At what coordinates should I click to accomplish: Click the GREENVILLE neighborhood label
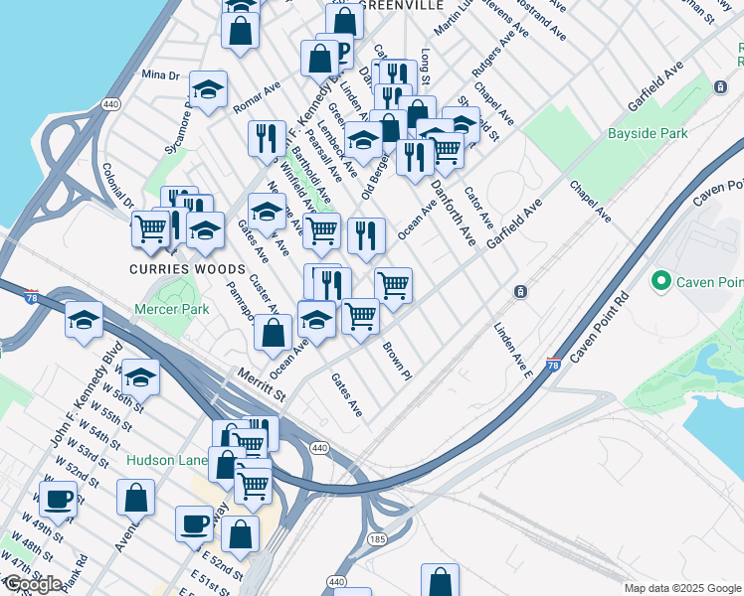[401, 6]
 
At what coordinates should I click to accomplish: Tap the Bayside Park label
[648, 132]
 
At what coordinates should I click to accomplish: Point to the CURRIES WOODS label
[187, 269]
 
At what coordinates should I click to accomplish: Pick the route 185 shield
[377, 538]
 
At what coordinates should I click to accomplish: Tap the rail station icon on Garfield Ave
[520, 292]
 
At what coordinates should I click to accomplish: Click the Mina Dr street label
[160, 74]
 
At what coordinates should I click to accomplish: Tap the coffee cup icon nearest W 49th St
[58, 499]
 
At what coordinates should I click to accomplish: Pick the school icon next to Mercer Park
[85, 319]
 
